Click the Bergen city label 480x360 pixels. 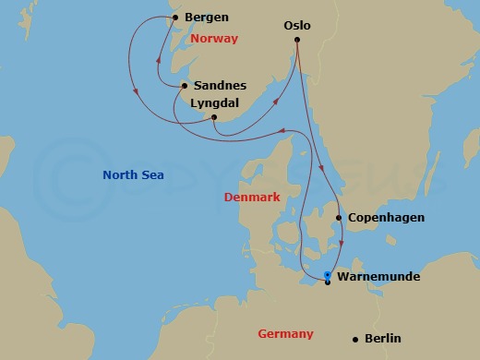pos(207,18)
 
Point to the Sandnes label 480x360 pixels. pos(221,86)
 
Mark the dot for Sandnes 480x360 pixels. pos(185,86)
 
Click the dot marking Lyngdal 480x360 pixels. pos(213,117)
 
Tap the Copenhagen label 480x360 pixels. pos(386,218)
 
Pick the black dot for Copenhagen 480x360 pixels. pos(338,218)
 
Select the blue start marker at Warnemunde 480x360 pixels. pos(328,275)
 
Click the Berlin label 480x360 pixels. pos(382,339)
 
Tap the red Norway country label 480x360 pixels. pos(213,39)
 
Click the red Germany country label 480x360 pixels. pos(287,334)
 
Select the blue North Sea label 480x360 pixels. pos(134,175)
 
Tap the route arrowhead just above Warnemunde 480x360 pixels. pos(342,243)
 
